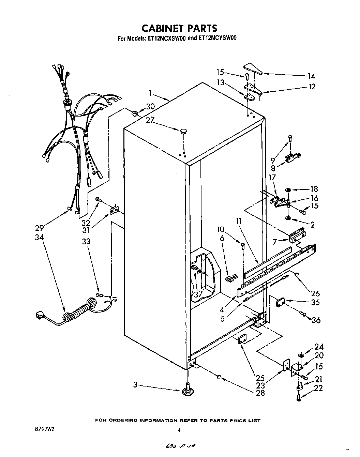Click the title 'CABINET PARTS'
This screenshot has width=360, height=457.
pos(179,28)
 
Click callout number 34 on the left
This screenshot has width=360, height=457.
pos(40,238)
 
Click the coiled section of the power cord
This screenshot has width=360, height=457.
pos(80,309)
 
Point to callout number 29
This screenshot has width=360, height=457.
pos(40,228)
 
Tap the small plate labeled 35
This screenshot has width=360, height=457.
pos(280,301)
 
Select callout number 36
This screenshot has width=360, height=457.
pos(316,320)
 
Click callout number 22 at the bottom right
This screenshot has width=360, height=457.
pos(318,388)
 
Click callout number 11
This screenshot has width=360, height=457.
pos(239,222)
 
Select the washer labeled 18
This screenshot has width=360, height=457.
pos(288,189)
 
